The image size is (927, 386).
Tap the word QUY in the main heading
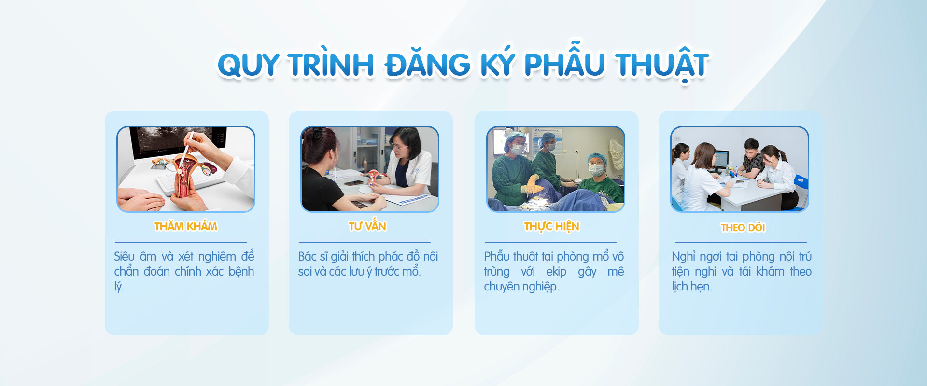click(x=248, y=65)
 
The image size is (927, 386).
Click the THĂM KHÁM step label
click(x=186, y=226)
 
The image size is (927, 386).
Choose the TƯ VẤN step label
click(x=367, y=226)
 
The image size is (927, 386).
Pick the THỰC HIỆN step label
click(x=552, y=227)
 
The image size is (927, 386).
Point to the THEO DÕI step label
click(x=743, y=227)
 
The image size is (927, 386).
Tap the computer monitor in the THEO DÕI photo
click(x=721, y=159)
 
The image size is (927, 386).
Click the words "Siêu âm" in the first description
click(x=135, y=257)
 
